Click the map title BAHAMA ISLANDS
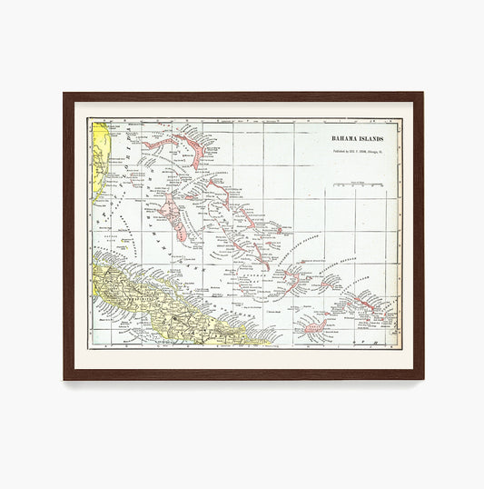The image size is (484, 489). click(357, 138)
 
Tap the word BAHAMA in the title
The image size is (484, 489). click(345, 138)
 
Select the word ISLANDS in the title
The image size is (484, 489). click(371, 138)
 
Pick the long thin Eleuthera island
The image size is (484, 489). click(226, 195)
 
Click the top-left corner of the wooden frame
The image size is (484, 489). click(65, 94)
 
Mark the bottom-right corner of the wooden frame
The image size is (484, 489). click(421, 378)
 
